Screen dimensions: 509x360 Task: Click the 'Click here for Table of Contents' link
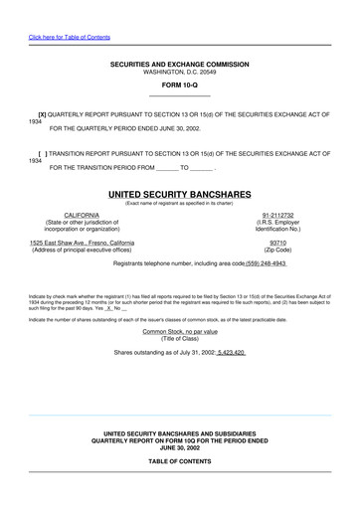70,37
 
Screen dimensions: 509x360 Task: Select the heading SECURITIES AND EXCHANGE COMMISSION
179,65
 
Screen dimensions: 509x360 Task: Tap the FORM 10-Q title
179,85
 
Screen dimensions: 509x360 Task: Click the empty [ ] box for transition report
42,154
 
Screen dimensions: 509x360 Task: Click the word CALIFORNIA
82,214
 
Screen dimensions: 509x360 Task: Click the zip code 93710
280,242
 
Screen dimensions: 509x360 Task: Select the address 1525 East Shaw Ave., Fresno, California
83,242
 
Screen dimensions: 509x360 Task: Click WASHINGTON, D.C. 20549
179,72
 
